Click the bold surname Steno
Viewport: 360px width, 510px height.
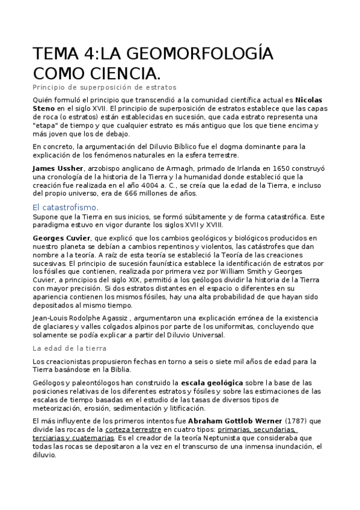pyautogui.click(x=44, y=109)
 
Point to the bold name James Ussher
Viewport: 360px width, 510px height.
pyautogui.click(x=58, y=168)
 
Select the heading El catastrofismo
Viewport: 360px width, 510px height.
pyautogui.click(x=66, y=207)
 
